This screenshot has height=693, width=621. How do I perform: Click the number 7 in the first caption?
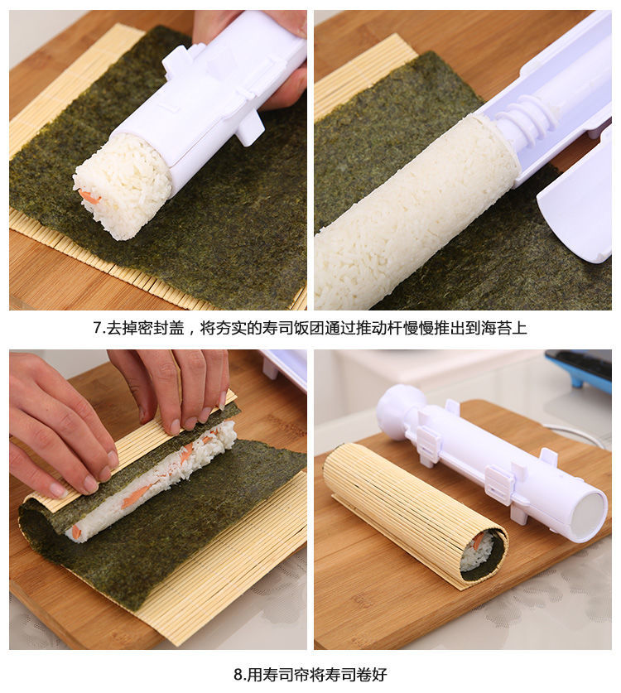tap(97, 328)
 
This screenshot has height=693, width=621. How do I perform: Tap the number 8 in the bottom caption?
tap(238, 674)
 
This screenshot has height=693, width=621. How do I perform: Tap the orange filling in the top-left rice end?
tap(89, 197)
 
